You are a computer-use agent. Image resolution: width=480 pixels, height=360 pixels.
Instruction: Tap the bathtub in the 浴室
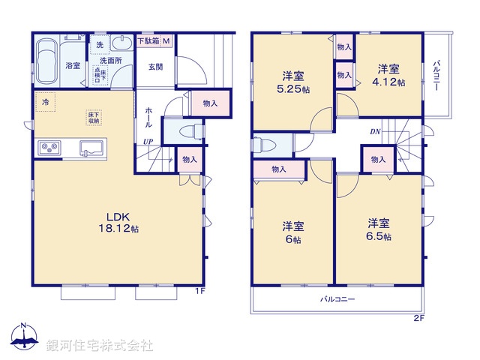[x=47, y=63]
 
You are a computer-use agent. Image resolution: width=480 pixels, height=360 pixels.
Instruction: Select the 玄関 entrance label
[x=155, y=67]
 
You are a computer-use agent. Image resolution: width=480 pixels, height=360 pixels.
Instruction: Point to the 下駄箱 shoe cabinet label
[x=148, y=42]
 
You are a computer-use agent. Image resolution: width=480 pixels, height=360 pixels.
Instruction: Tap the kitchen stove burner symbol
[x=49, y=146]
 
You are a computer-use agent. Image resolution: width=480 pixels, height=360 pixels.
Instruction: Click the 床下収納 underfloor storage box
[x=93, y=116]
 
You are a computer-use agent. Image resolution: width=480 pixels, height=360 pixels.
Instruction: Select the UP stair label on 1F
[x=148, y=142]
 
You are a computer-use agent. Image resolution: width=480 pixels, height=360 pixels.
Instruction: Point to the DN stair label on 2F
[x=374, y=132]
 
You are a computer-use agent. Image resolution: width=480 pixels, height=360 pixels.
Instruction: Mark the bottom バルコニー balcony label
[x=338, y=298]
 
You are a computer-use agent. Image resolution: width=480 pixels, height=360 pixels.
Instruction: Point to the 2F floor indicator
[x=418, y=318]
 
